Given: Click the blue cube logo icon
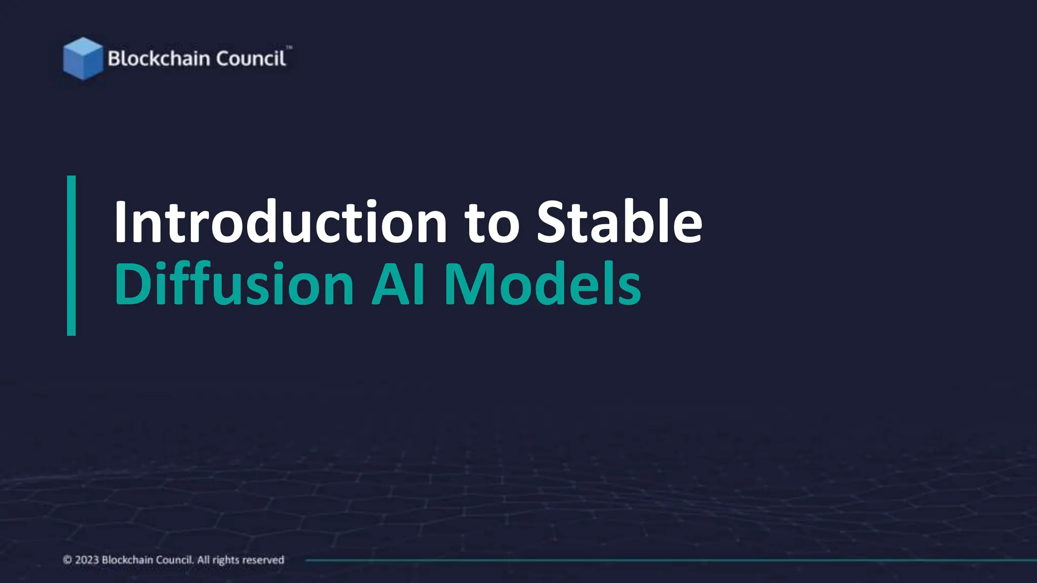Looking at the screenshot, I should tap(83, 58).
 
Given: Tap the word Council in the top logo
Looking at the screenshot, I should tap(251, 59).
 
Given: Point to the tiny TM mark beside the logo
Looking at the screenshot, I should tap(289, 48).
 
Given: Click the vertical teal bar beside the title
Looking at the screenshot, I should tap(71, 256).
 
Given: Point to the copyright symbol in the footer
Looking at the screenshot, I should tap(67, 560).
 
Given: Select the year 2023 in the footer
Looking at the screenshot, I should tap(87, 560).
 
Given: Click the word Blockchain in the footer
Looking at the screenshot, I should tap(122, 560).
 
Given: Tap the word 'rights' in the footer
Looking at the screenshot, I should tap(226, 560).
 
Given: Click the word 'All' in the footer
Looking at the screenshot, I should tap(203, 560).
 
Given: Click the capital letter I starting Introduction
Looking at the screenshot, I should tap(120, 222).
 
